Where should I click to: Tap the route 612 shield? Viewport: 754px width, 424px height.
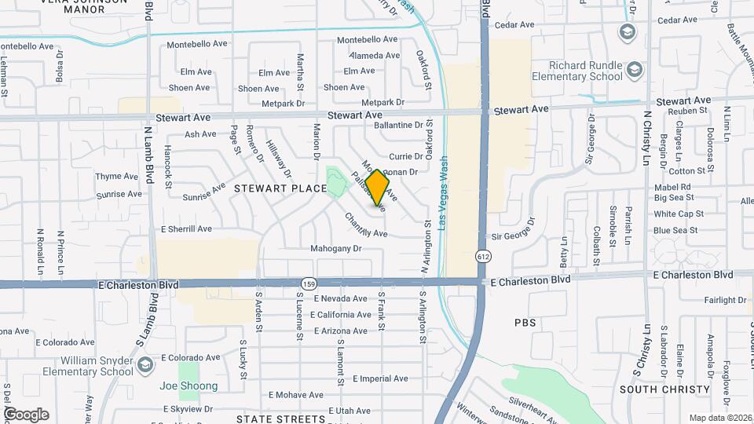pyautogui.click(x=481, y=257)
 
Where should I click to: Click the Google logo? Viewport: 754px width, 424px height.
pyautogui.click(x=27, y=415)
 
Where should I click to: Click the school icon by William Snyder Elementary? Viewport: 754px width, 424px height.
pyautogui.click(x=145, y=364)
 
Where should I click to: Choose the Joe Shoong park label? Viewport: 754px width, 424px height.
pyautogui.click(x=188, y=386)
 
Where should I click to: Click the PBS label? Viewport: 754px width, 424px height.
pyautogui.click(x=525, y=323)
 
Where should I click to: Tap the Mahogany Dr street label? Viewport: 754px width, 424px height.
pyautogui.click(x=335, y=249)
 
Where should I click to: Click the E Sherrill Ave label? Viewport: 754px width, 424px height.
pyautogui.click(x=186, y=229)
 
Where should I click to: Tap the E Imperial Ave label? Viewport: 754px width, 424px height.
pyautogui.click(x=380, y=378)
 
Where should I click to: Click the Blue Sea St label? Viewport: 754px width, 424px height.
pyautogui.click(x=675, y=230)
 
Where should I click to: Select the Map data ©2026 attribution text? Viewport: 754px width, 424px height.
pyautogui.click(x=719, y=417)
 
